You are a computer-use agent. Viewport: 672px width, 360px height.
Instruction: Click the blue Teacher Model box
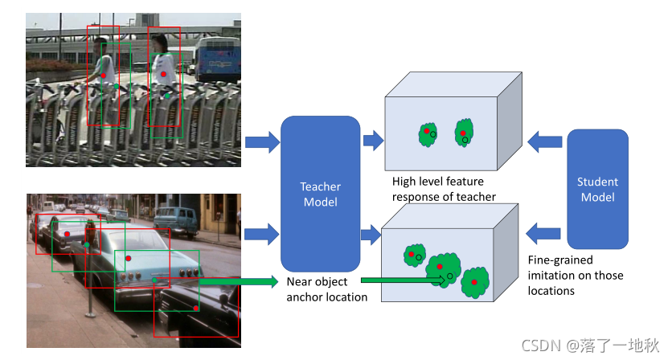(320, 194)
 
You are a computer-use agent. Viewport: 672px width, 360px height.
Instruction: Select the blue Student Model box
(597, 190)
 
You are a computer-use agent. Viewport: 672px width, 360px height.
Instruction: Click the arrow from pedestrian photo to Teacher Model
(260, 142)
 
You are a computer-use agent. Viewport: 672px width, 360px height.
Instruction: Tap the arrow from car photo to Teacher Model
(260, 235)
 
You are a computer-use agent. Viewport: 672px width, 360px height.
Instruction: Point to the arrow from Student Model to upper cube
(545, 142)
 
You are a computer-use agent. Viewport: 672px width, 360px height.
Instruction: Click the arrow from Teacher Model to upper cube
(373, 142)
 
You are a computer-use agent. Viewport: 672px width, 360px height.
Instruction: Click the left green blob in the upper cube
(428, 134)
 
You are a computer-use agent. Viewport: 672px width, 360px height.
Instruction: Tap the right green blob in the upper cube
(464, 133)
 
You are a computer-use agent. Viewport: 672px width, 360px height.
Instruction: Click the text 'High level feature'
(437, 182)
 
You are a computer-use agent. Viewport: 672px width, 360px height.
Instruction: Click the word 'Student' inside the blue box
(597, 182)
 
